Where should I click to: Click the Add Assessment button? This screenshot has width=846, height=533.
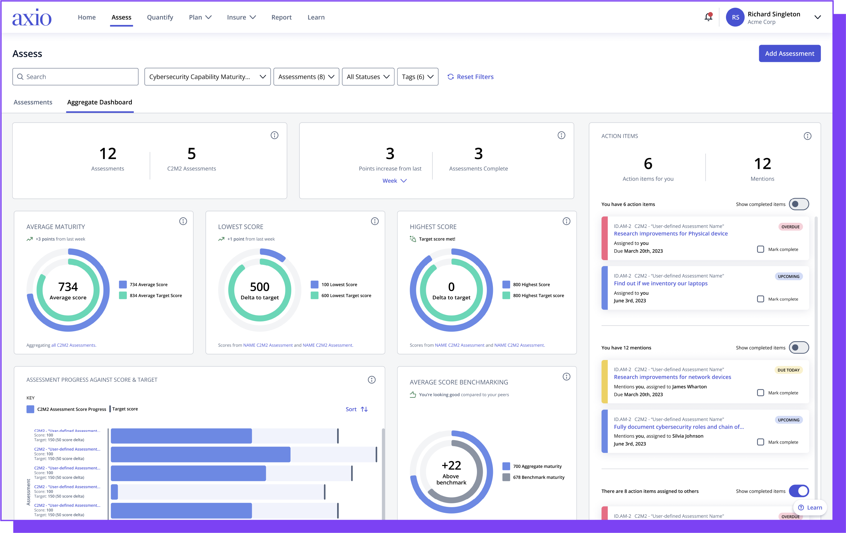tap(789, 53)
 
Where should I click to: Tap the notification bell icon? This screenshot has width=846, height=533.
tap(708, 17)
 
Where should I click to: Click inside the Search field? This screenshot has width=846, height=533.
tap(75, 77)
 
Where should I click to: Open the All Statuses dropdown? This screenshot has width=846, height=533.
tap(367, 77)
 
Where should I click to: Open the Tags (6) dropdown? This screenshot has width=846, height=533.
tap(417, 77)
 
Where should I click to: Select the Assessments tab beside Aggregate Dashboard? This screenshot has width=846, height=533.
tap(33, 102)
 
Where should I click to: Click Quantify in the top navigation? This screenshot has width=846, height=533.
tap(160, 17)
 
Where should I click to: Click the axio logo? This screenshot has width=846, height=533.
tap(32, 18)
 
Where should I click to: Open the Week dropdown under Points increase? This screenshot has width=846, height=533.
tap(394, 181)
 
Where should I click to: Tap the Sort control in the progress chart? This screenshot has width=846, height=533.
tap(356, 409)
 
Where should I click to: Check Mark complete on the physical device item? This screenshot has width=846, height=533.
tap(760, 249)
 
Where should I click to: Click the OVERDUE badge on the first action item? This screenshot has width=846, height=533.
tap(790, 227)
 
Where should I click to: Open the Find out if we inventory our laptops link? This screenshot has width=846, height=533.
tap(661, 283)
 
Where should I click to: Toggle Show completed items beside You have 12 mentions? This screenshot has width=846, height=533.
tap(798, 348)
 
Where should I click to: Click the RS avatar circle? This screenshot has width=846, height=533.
tap(735, 17)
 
